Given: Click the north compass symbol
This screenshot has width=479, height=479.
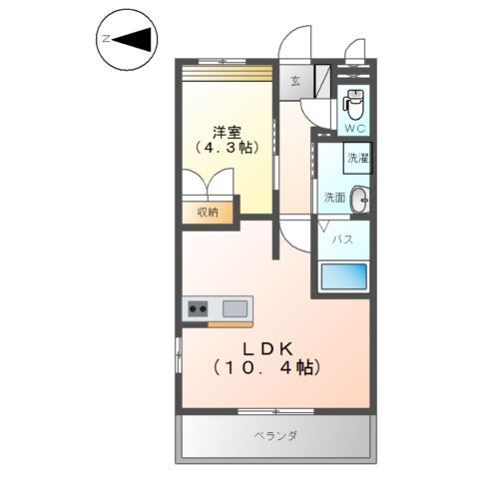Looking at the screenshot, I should (x=128, y=39).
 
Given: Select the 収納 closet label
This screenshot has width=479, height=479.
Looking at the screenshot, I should (x=208, y=212).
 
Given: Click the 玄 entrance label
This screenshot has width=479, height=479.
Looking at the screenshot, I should (x=296, y=82).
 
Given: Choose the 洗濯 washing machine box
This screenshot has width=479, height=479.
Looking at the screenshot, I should (x=357, y=158).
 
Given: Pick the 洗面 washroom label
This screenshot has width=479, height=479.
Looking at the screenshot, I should (x=333, y=198).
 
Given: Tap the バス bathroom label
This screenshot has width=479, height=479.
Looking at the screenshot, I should (x=341, y=239).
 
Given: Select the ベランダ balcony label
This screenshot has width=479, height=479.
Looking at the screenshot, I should (x=275, y=436).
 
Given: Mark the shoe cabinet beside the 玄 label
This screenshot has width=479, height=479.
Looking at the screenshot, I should (x=323, y=79).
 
